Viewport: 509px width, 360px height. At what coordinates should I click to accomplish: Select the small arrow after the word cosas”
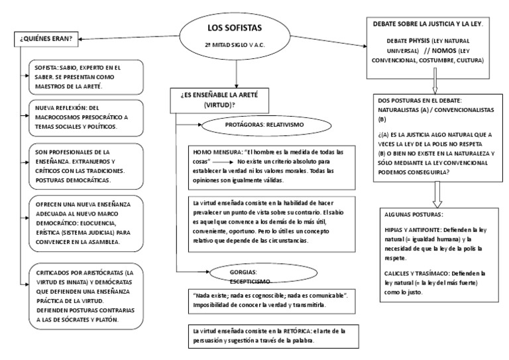click(223, 161)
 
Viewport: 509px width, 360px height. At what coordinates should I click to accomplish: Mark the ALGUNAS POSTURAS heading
click(414, 215)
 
